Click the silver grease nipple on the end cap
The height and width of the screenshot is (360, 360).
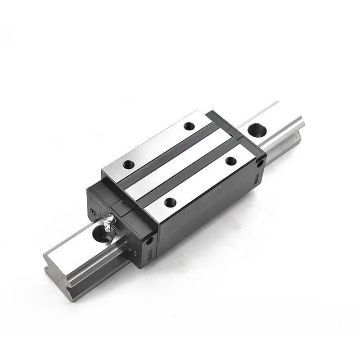point(108,222)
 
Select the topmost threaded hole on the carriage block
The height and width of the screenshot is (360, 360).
point(189,126)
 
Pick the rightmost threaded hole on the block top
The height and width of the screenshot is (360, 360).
point(232,161)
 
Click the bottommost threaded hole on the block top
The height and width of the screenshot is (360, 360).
point(170,202)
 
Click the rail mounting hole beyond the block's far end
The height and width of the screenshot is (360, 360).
point(257,130)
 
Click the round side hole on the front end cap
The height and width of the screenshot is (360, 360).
point(148,241)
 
